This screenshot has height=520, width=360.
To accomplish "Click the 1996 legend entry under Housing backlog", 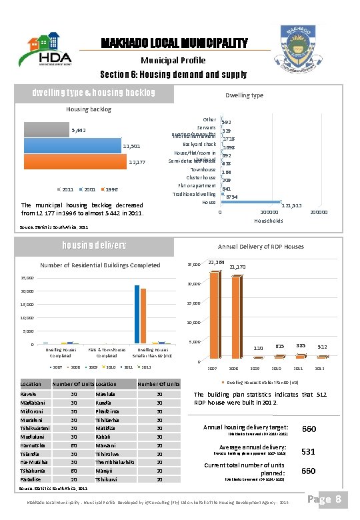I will [x=110, y=188].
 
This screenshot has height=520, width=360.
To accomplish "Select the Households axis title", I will [x=269, y=221].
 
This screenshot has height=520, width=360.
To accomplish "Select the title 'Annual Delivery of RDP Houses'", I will [x=260, y=246].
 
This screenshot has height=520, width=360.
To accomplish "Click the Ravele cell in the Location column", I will [x=30, y=393].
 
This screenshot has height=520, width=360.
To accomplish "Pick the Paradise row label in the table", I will [x=32, y=479].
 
